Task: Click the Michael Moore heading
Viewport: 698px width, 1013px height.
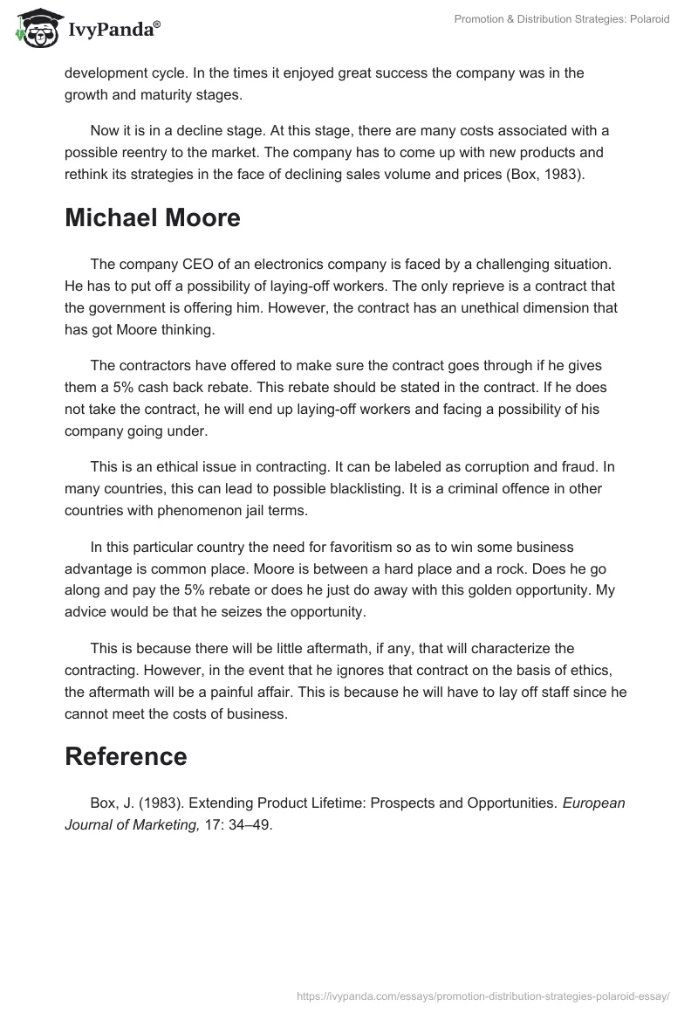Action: pos(153,218)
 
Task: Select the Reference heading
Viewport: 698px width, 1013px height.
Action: pos(126,756)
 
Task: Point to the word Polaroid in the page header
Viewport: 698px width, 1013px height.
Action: pos(649,19)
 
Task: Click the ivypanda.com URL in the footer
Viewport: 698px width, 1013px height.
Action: pos(482,995)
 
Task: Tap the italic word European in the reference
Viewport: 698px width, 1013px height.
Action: pos(594,803)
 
